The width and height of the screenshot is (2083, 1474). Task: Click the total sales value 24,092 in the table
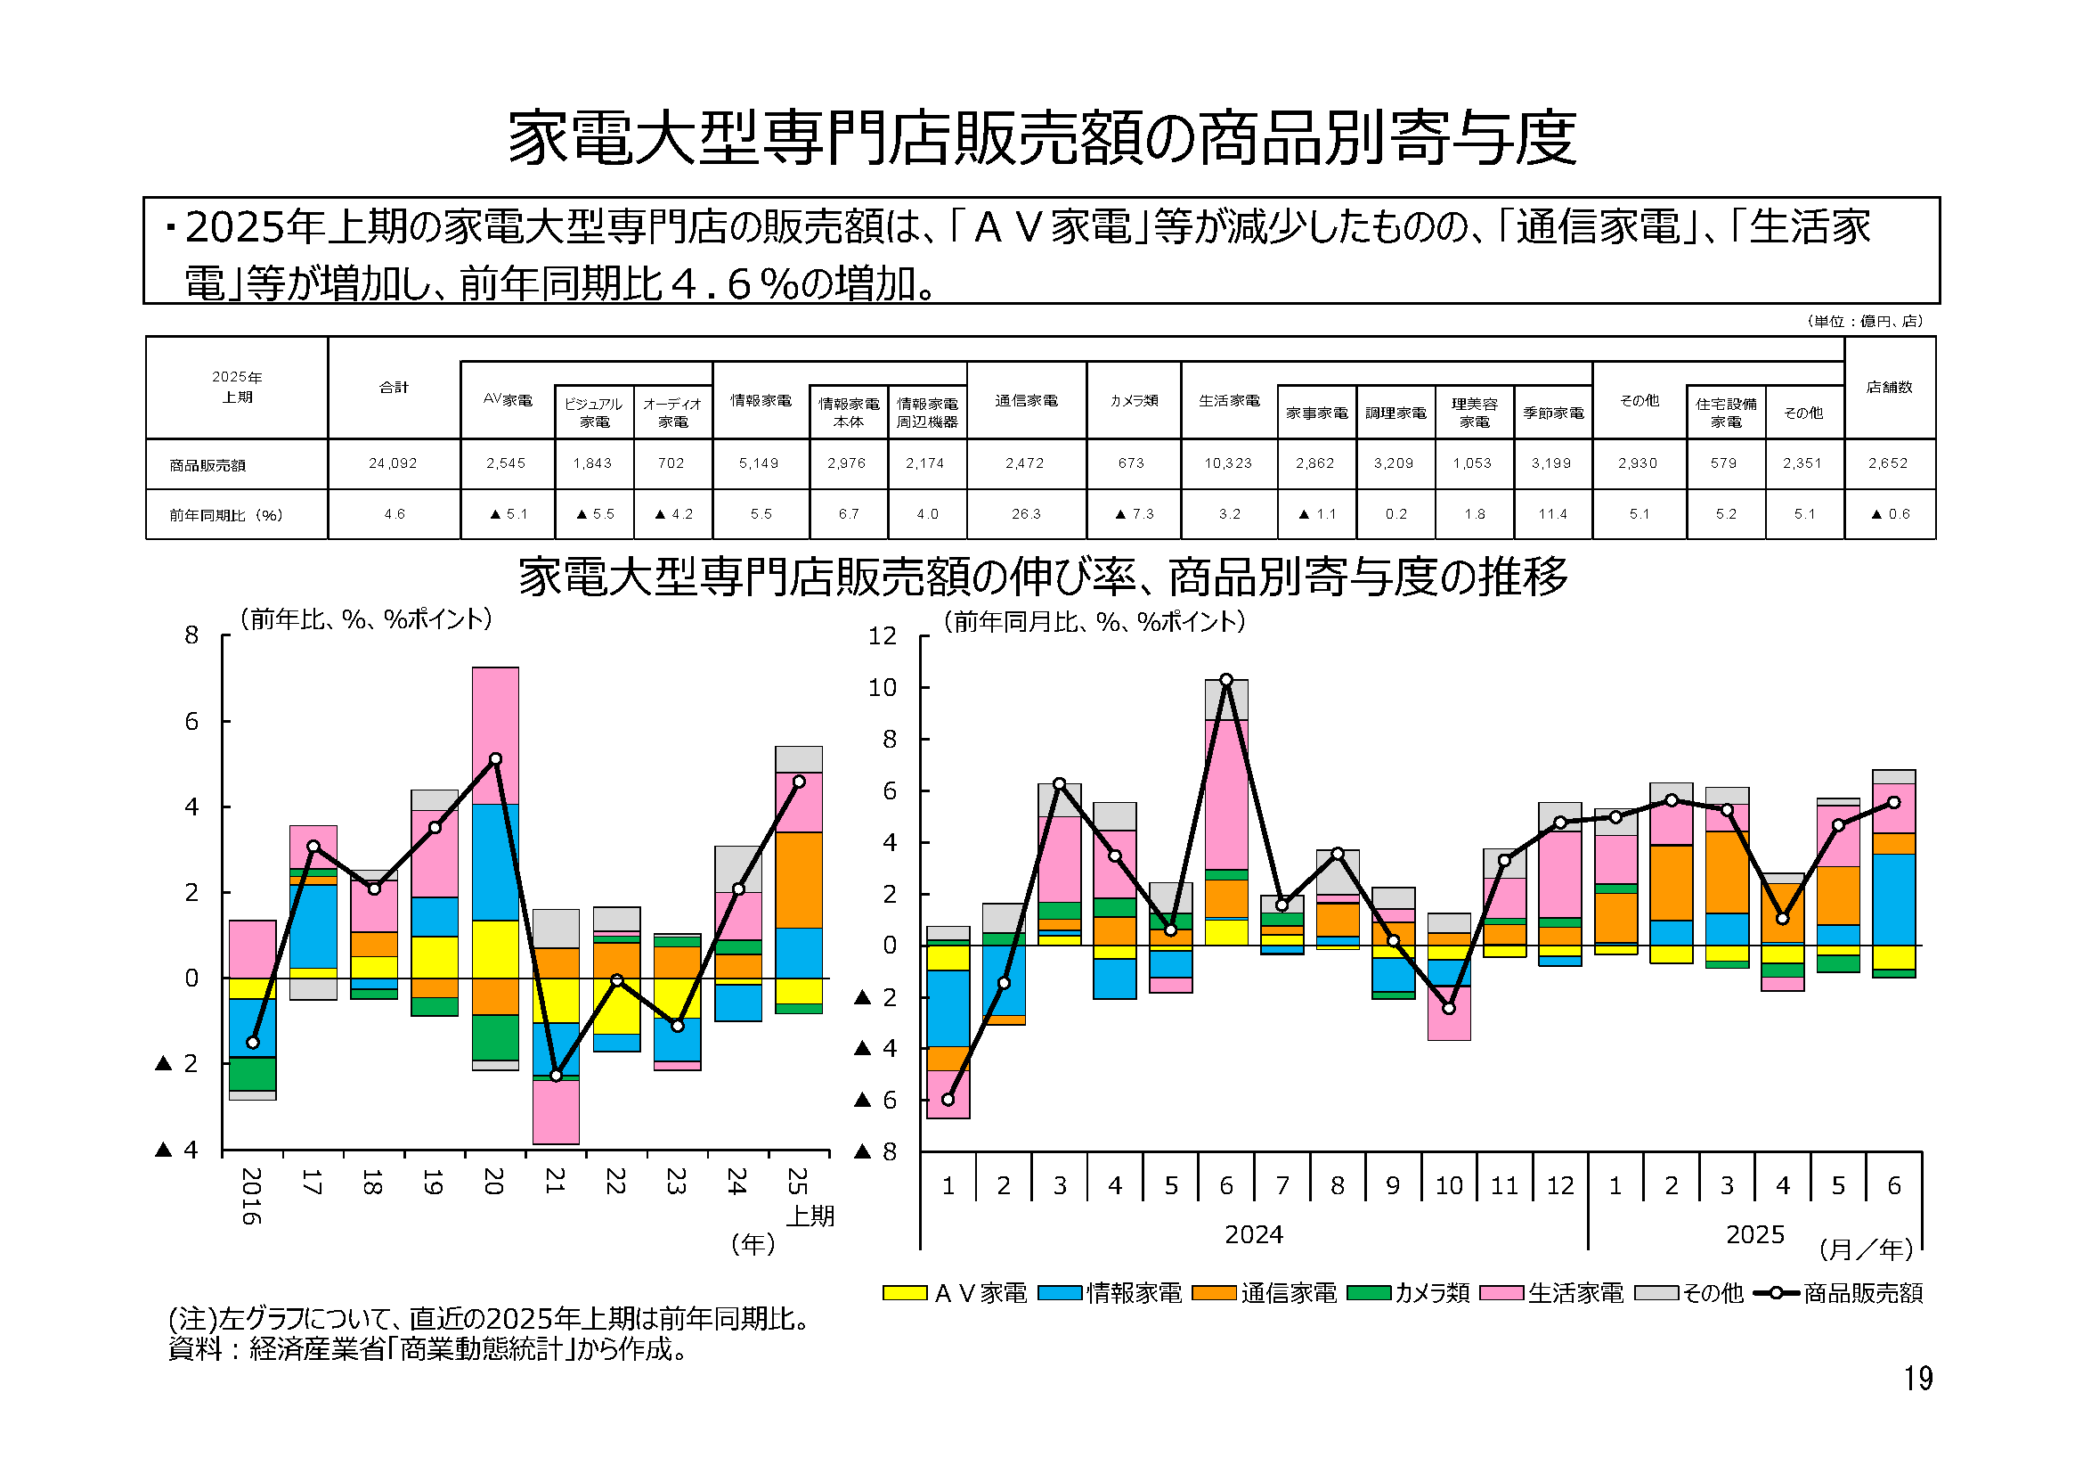click(393, 463)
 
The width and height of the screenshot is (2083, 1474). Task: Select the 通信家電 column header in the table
click(1026, 400)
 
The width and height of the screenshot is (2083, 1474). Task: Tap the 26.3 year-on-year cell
click(1026, 514)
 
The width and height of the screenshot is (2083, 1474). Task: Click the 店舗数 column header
click(1889, 388)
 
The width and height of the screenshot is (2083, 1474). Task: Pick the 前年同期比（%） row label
click(226, 515)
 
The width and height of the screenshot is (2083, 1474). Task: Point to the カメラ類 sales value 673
click(1131, 463)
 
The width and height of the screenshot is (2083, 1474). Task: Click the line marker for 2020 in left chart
click(495, 758)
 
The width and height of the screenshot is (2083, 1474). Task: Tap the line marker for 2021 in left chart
click(556, 1076)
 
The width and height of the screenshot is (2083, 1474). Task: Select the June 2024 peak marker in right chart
click(1226, 680)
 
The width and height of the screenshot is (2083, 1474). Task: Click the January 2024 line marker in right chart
click(948, 1100)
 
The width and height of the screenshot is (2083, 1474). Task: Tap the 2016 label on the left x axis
click(252, 1195)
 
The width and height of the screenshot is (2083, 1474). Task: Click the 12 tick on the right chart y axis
click(882, 636)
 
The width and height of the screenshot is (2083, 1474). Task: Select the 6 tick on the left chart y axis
click(191, 722)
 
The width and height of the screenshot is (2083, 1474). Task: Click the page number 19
click(1918, 1379)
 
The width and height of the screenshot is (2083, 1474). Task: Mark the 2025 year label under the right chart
click(1754, 1234)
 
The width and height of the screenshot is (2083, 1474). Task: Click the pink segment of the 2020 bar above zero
click(495, 735)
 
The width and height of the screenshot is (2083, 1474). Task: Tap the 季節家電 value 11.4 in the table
click(1552, 514)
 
